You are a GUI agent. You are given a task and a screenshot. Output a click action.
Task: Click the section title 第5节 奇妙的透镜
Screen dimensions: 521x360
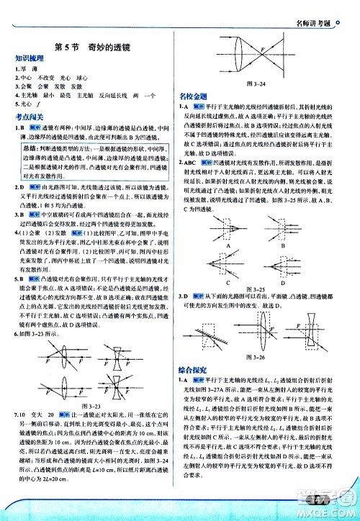click(x=93, y=47)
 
